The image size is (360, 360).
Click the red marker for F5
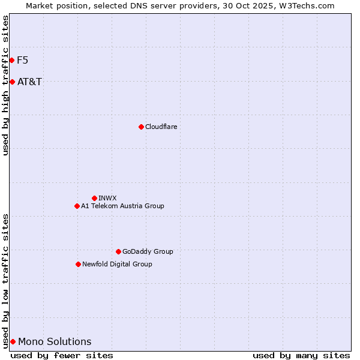coord(11,60)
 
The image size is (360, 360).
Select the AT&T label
coord(29,82)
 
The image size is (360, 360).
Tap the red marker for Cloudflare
coord(141,127)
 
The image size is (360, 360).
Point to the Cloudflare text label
coord(161,127)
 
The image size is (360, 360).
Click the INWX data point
coord(94,198)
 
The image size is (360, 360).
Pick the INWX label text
coord(107,198)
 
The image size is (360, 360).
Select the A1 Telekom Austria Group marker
coord(77,206)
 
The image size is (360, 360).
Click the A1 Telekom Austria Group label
coord(122,206)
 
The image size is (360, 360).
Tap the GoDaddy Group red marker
coord(118,251)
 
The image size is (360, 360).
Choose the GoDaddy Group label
coord(148,251)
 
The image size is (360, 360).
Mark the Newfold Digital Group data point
coord(78,264)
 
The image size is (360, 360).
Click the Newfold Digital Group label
coord(117,264)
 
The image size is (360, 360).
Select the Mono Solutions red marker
coord(13,341)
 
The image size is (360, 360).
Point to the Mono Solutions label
coord(55,341)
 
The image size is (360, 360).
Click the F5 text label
coord(22,60)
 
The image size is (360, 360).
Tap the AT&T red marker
coord(12,82)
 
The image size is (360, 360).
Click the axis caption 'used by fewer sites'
coord(62,355)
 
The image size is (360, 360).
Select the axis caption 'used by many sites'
coord(301,355)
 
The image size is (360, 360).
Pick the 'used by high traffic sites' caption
coord(6,85)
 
